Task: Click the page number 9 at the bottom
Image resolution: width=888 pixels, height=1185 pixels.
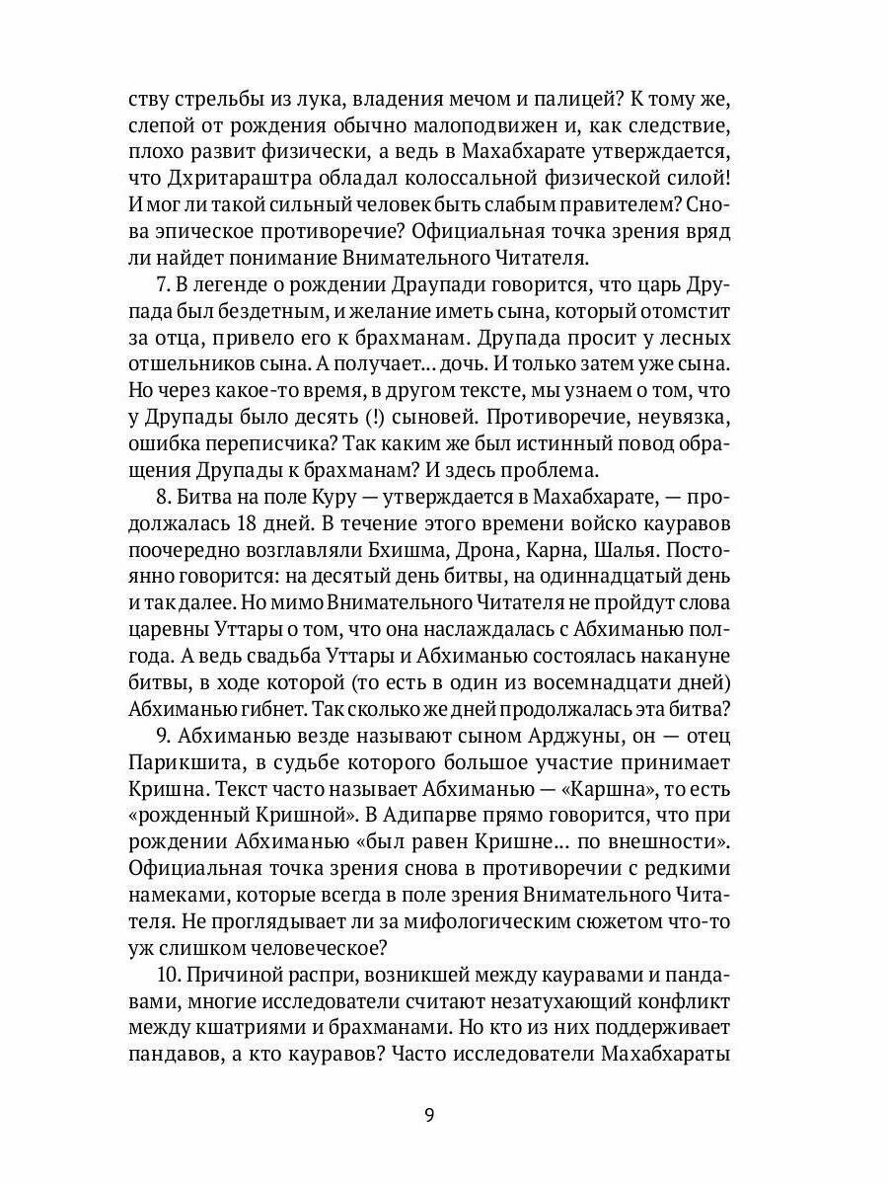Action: (x=428, y=1116)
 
